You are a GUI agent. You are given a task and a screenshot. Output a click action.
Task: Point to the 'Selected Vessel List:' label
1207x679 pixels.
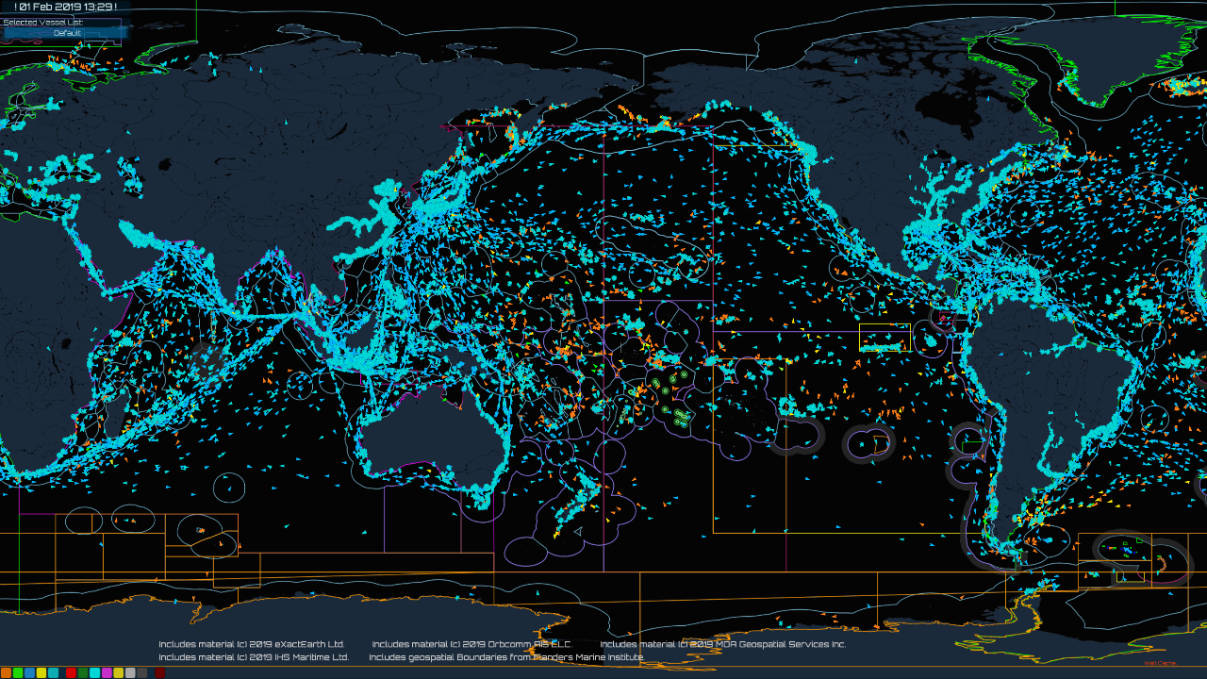[x=42, y=21]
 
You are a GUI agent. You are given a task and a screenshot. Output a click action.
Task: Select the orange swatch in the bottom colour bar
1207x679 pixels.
[x=6, y=672]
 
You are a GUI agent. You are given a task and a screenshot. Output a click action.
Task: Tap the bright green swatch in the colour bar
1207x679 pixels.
[x=18, y=672]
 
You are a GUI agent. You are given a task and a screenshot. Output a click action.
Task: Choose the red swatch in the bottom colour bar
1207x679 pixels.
[x=71, y=672]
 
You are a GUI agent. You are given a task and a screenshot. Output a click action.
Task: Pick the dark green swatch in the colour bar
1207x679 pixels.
[x=83, y=672]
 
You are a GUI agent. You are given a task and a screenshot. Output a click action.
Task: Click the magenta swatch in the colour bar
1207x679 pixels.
[x=107, y=672]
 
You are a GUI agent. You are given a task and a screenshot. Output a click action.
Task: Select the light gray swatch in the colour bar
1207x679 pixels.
[x=130, y=672]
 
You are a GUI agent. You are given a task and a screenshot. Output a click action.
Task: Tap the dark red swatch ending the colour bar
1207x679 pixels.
[x=160, y=672]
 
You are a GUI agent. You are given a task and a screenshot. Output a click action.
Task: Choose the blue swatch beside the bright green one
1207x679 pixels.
[x=29, y=672]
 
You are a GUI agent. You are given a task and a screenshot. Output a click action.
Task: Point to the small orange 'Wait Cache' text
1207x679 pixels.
[x=1159, y=663]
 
